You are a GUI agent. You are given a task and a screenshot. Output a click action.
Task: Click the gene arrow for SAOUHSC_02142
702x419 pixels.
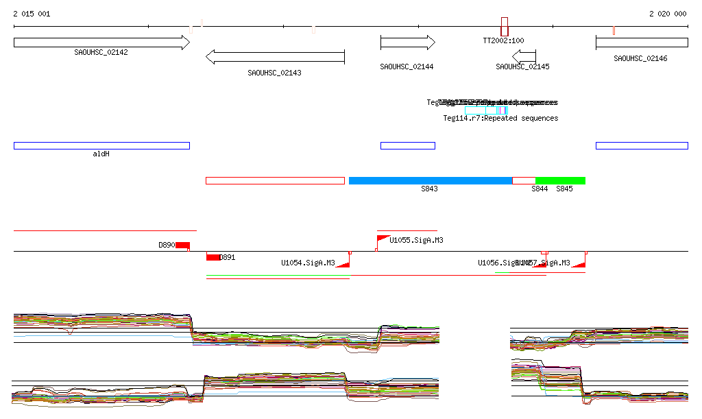[x=101, y=43]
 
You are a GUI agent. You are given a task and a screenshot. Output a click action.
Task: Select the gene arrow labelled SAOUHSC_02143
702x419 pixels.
[x=275, y=57]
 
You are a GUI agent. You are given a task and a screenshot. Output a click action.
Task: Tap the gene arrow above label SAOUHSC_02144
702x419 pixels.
[x=407, y=43]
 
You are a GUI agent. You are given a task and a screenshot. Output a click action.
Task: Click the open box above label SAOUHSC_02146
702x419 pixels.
[x=642, y=43]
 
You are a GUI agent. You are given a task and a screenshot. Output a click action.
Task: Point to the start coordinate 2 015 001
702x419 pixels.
[x=32, y=14]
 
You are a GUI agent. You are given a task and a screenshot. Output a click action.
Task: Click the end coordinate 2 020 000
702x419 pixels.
[x=668, y=14]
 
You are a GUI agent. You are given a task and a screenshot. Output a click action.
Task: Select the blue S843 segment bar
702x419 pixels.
[x=431, y=180]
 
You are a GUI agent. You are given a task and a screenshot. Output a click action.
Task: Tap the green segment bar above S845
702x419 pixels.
[x=560, y=180]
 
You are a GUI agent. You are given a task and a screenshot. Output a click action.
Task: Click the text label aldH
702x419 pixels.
[x=101, y=154]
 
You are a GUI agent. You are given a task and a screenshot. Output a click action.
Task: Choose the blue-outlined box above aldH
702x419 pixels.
[x=101, y=145]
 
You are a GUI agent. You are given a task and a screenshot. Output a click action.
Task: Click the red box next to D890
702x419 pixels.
[x=182, y=246]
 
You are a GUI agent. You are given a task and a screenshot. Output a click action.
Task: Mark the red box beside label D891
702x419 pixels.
[x=213, y=257]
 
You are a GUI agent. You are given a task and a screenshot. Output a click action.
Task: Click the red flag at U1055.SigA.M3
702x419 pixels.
[x=383, y=239]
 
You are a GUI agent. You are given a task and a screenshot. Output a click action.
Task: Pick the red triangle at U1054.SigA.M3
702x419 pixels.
[x=343, y=263]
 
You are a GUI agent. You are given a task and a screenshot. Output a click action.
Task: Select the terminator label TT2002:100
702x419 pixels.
[x=503, y=40]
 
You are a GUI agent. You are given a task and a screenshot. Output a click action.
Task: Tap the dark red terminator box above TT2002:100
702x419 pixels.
[x=505, y=27]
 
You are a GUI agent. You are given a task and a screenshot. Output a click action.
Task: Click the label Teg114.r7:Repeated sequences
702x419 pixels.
[x=500, y=119]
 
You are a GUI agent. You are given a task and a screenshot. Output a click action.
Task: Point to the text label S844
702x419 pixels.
[x=540, y=189]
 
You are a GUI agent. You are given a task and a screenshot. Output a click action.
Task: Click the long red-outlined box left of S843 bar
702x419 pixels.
[x=275, y=180]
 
